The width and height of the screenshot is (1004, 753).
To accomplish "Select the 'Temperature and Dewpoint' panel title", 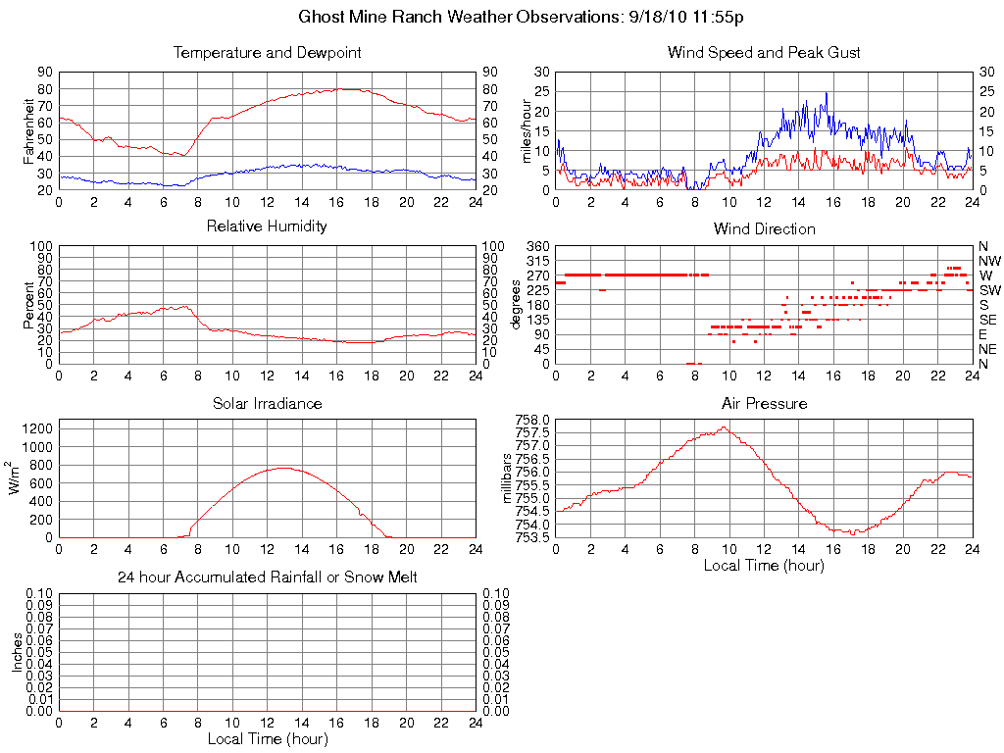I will (267, 53).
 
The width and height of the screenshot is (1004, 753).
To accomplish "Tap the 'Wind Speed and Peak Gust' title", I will (764, 53).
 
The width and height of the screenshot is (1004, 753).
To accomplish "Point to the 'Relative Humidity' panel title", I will (267, 226).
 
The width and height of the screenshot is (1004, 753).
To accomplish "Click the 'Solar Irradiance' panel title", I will (267, 403).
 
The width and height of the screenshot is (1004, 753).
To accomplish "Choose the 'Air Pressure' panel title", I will (764, 403).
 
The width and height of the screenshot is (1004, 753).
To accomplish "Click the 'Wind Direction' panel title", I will (764, 228).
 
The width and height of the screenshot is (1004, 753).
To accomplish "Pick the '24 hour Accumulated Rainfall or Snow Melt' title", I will (267, 577).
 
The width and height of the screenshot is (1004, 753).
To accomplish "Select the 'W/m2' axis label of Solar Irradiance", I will (17, 478).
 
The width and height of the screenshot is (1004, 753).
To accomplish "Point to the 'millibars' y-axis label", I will (508, 478).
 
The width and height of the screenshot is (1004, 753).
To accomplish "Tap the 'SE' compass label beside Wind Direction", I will (988, 320).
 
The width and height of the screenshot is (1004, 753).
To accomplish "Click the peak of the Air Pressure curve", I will (724, 427).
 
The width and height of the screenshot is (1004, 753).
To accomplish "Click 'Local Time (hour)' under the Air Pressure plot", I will (764, 565).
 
